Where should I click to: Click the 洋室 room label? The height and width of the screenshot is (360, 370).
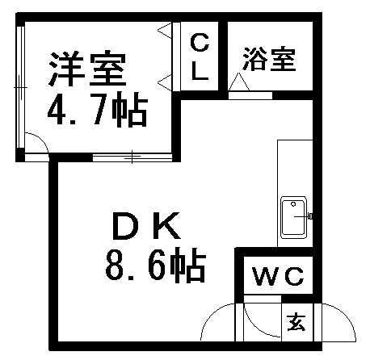point(87,69)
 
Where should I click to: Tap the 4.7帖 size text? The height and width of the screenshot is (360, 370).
point(98,110)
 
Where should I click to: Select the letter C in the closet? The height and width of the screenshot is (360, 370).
point(200,43)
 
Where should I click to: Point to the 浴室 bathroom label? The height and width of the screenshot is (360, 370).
point(269,60)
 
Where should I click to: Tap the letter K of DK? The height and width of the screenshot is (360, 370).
point(167,226)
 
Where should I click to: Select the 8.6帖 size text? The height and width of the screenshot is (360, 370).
point(156,265)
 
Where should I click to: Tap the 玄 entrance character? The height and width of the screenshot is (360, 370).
point(296,323)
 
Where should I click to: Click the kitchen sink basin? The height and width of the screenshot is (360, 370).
point(293,218)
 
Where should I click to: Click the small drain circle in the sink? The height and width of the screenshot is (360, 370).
point(293,204)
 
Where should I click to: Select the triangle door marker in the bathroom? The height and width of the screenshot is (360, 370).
point(239,82)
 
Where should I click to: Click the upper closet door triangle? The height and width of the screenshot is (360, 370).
point(164,30)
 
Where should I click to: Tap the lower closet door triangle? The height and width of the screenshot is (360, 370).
point(164,82)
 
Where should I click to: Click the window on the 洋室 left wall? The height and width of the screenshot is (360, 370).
point(20,87)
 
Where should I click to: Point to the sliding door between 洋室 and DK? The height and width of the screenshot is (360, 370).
point(132,157)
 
